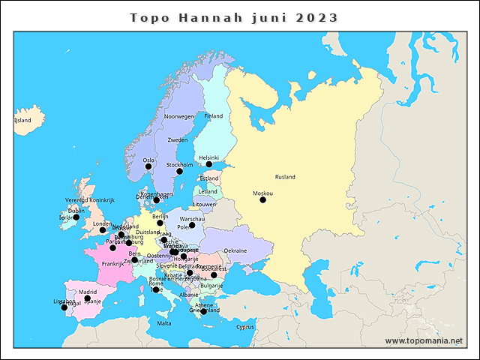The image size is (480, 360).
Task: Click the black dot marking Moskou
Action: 262,199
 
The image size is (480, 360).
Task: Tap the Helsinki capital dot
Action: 209,164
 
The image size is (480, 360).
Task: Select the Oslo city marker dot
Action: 148,166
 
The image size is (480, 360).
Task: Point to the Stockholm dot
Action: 179,172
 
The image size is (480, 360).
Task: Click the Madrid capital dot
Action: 88,298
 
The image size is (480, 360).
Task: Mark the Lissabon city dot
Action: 64,307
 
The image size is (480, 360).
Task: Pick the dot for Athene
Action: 204,311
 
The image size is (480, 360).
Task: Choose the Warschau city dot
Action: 192,225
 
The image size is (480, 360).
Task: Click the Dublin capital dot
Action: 76,217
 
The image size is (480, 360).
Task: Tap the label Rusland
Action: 285,177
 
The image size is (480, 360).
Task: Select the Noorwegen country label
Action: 179,116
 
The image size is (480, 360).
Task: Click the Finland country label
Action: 214,116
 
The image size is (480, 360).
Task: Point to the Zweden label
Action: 178,140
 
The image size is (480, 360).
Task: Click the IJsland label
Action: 23,120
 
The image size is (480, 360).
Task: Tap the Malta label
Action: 163,323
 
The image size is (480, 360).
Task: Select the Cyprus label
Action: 245,327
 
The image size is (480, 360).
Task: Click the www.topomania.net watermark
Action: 424,340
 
